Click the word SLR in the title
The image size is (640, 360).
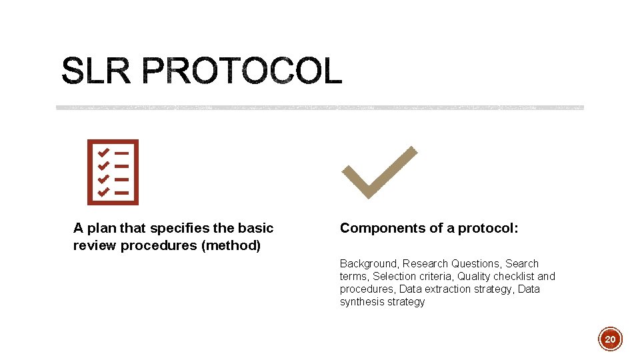point(96,71)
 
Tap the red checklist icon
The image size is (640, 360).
point(113,172)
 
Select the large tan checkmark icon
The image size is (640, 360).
point(379,172)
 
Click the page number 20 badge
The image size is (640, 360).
point(610,339)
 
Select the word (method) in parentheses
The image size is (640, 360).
point(231,245)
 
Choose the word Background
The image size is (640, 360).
point(369,264)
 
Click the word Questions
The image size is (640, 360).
point(476,264)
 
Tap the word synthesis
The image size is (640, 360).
point(363,302)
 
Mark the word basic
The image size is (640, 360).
point(257,228)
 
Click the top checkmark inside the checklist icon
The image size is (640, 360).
point(103,152)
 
